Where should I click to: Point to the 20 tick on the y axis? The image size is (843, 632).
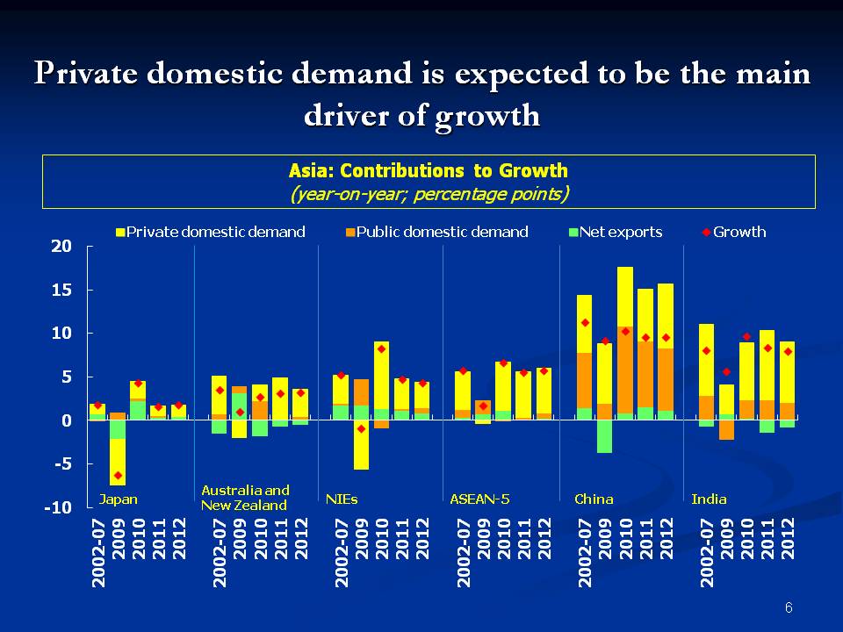pos(60,247)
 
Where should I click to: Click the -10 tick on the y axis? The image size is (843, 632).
pos(57,508)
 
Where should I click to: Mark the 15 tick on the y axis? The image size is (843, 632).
pos(60,290)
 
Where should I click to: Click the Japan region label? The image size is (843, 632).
pos(118,499)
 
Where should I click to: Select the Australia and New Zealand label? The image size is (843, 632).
pos(245,498)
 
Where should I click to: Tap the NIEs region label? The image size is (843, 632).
pos(342,499)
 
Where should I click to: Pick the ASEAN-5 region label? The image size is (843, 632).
pos(479,499)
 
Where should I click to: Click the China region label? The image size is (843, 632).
pos(594,499)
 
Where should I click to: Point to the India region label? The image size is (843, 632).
pos(709,499)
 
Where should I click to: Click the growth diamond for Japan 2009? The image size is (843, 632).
pos(118,476)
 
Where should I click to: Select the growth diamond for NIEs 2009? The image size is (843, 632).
pos(361,428)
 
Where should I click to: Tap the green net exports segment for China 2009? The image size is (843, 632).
pos(604,436)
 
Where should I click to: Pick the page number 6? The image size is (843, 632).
pos(789,607)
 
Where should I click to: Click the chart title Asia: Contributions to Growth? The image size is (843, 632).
pos(429,170)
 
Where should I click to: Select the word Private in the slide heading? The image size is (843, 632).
pos(85,75)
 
